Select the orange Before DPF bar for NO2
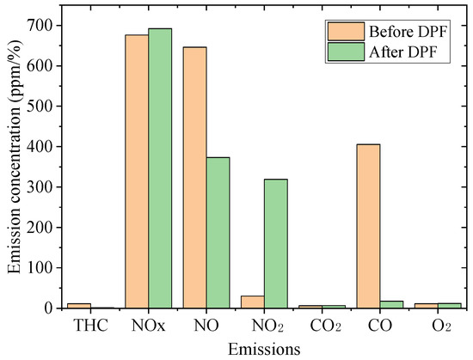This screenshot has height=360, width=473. click(252, 302)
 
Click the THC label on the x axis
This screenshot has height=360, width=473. click(90, 326)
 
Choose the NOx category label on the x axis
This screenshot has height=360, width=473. click(148, 326)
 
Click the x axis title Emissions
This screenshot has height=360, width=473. click(264, 348)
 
